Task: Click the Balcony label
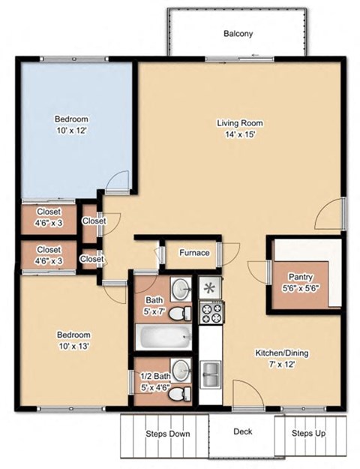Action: pos(238,34)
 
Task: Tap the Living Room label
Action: pos(239,123)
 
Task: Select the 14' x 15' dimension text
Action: pos(239,135)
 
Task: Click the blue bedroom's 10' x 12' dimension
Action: pos(71,131)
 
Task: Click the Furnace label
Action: pos(193,253)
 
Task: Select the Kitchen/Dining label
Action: pos(282,353)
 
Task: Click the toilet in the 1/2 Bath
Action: pos(180,393)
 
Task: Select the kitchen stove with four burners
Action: pos(210,311)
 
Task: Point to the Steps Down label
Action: pos(166,434)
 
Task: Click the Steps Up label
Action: pos(307,434)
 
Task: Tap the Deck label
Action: pos(242,431)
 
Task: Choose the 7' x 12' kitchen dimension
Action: pos(282,364)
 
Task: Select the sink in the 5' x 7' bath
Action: pos(181,287)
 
